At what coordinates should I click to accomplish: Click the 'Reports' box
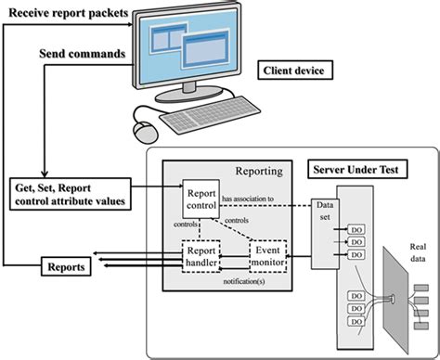point(66,266)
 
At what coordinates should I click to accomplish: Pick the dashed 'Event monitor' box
point(269,255)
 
